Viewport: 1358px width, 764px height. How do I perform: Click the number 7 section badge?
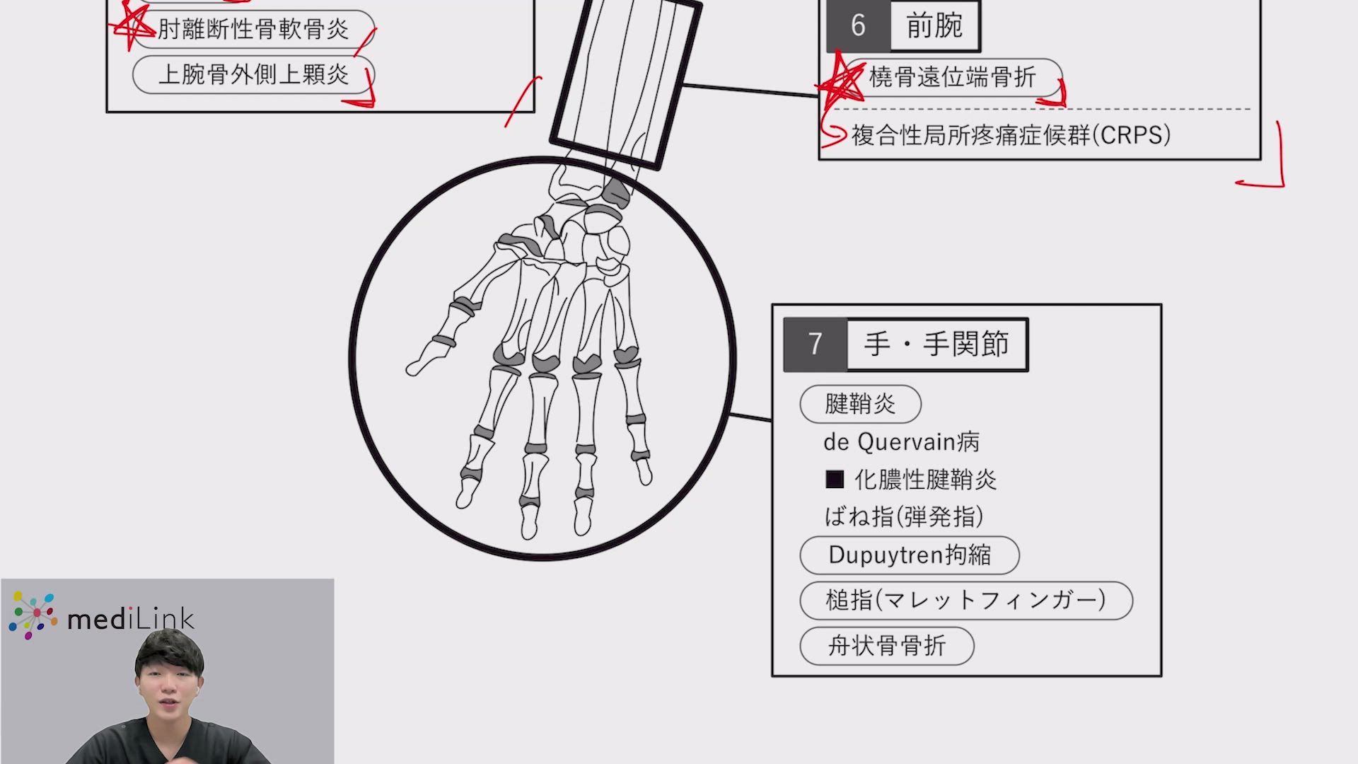point(816,345)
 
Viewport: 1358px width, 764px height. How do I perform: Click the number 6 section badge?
point(858,26)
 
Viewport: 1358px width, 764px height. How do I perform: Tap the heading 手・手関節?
point(936,345)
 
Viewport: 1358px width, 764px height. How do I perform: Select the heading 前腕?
point(934,25)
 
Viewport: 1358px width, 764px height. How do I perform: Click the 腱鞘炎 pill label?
point(860,404)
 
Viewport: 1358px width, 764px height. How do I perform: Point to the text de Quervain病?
point(901,442)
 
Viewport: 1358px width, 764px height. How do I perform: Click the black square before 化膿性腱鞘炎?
point(835,480)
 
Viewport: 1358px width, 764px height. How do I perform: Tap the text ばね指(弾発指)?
point(904,516)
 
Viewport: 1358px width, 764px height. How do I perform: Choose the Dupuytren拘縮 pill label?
point(910,555)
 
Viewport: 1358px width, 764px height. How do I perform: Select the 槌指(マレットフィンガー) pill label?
point(966,601)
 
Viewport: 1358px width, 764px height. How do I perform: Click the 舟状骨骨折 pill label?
point(887,646)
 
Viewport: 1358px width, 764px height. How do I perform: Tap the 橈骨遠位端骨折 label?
point(953,77)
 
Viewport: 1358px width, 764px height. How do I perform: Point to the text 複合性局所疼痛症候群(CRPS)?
point(1011,135)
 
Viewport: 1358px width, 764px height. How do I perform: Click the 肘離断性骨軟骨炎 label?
point(253,30)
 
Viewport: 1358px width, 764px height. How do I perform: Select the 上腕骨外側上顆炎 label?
point(253,74)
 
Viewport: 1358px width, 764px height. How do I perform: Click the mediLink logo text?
point(131,620)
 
